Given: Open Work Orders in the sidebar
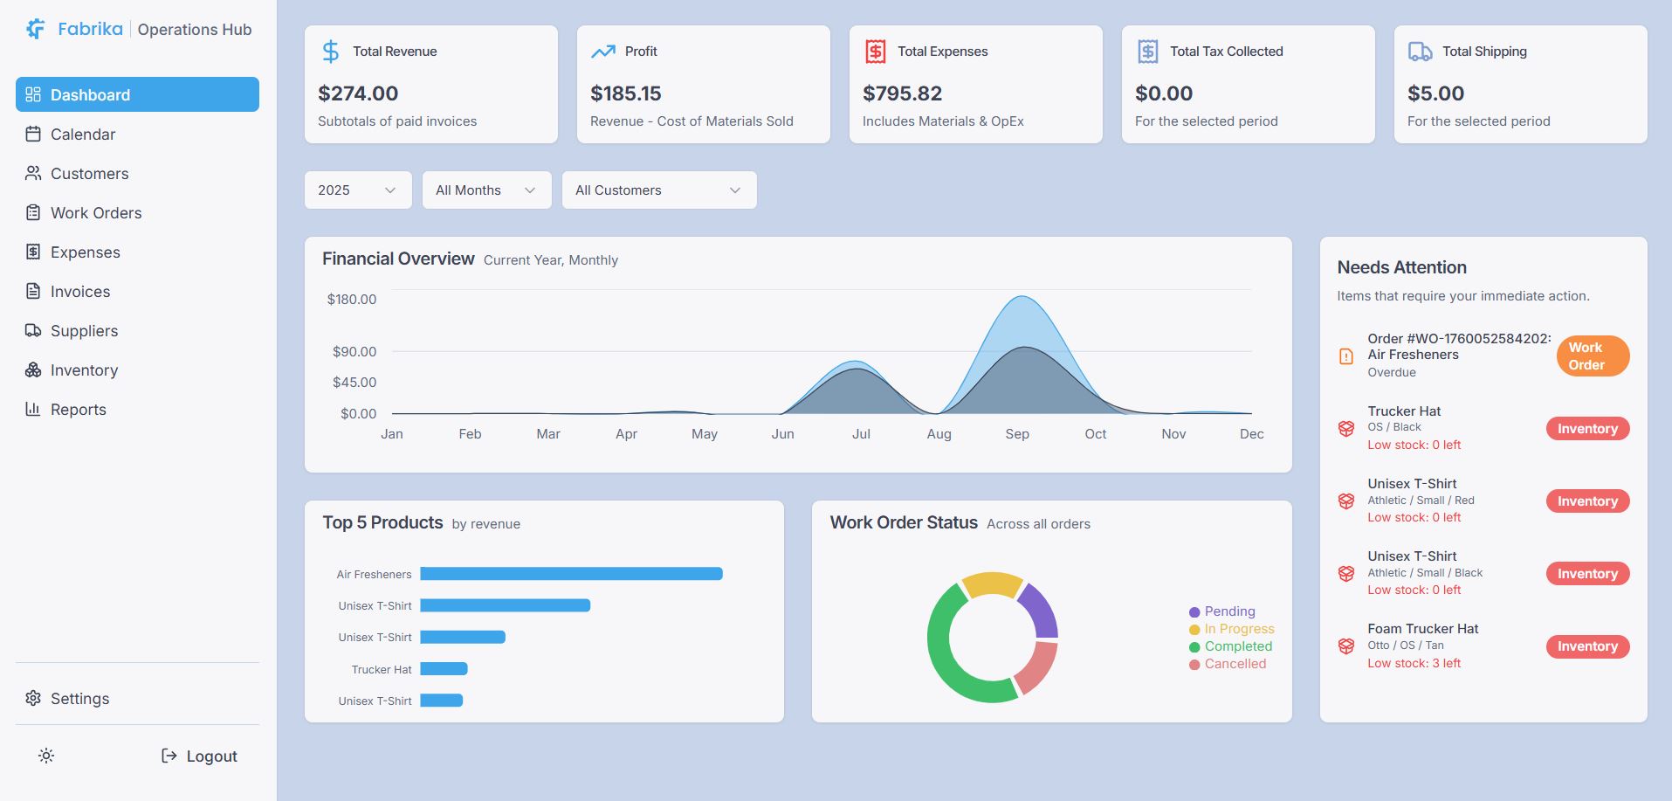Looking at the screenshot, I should coord(95,213).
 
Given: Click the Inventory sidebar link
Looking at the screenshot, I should coord(84,370).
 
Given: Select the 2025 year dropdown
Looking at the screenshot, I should coord(357,190).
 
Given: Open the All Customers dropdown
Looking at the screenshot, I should coord(658,190).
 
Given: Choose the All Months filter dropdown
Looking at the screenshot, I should coord(486,190).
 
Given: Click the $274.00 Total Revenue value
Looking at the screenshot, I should coord(358,93).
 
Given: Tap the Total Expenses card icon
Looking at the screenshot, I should coord(875,52).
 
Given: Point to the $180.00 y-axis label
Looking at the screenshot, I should coord(352,300).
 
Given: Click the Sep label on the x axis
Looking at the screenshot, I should coord(1017,434).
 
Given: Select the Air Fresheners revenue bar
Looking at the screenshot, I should coord(571,574).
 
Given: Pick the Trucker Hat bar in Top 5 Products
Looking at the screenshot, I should coord(444,669).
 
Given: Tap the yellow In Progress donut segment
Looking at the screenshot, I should coord(993,583).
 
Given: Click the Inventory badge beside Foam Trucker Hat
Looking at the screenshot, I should coord(1586,646).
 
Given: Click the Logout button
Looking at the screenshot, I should coord(200,756).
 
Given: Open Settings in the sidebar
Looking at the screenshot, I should coord(79,699).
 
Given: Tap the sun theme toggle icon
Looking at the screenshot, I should coord(46,756).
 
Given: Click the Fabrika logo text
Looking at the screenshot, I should coord(90,29).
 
